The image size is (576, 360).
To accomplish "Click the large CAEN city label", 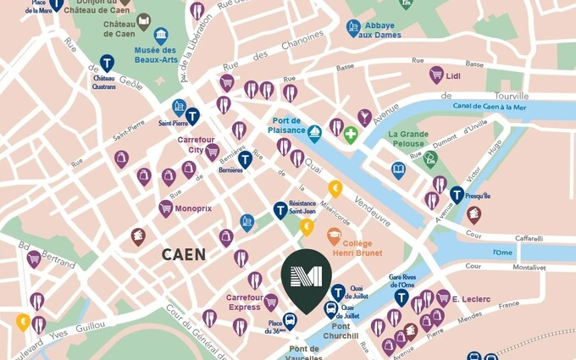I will (184, 254).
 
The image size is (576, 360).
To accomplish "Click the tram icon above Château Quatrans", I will (107, 63).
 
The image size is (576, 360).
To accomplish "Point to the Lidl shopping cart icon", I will (437, 75).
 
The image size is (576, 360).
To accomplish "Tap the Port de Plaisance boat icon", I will (314, 133).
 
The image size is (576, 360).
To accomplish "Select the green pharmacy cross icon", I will (350, 134).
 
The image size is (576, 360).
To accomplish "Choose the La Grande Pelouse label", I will (408, 138).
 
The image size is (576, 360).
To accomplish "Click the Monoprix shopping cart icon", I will (166, 208).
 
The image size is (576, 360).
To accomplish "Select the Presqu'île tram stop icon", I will (457, 195).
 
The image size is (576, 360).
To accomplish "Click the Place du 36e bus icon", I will (290, 320).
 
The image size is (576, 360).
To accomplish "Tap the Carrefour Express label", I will (244, 302).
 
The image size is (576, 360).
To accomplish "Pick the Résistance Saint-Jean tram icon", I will (280, 210).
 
